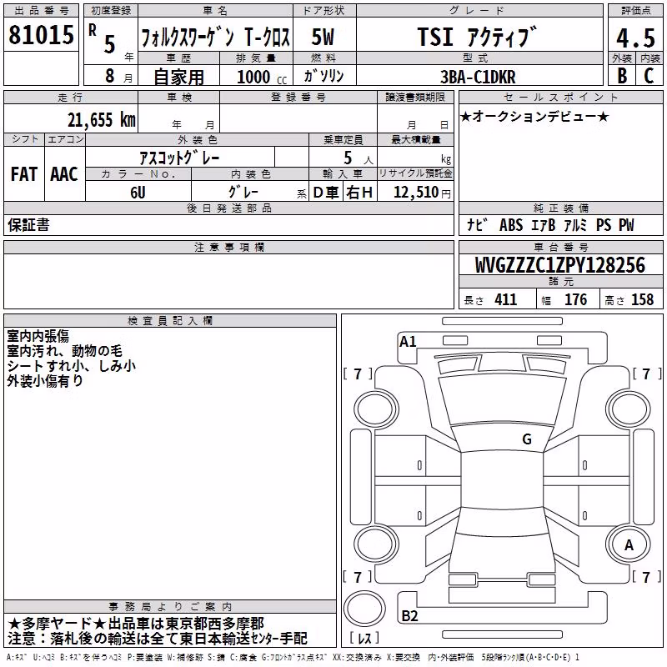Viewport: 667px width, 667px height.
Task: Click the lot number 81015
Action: tap(41, 35)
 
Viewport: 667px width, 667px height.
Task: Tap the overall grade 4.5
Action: tap(635, 38)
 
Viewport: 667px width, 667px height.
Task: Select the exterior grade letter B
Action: tap(622, 76)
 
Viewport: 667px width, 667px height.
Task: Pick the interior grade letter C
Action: tap(649, 76)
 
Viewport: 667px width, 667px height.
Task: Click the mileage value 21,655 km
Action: tap(102, 120)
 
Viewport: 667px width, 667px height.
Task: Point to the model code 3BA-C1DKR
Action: tap(478, 77)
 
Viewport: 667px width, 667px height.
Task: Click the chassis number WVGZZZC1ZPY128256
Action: tap(559, 265)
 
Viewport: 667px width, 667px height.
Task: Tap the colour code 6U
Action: tap(138, 193)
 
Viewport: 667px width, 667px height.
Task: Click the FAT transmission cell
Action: tap(24, 174)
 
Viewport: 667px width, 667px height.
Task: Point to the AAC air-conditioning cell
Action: tap(64, 174)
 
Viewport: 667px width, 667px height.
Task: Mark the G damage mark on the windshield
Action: tap(527, 439)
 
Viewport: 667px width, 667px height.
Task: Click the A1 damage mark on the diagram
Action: tap(408, 342)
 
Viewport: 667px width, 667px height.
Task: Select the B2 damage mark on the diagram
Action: tap(409, 615)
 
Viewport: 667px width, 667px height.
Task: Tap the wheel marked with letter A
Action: tap(629, 545)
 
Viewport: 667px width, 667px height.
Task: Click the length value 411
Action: tap(505, 299)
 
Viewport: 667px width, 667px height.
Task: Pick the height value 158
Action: tap(642, 299)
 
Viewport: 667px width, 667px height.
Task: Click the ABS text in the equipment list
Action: tap(511, 225)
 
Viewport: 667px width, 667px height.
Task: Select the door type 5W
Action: tap(323, 37)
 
